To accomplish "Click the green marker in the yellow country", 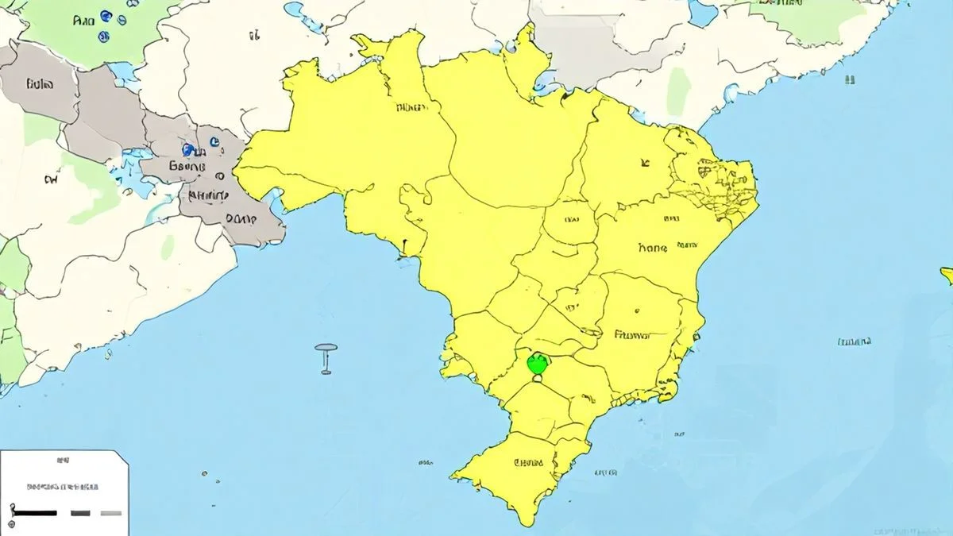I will [538, 364].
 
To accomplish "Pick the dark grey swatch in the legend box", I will [80, 513].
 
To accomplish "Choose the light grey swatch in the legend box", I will [110, 513].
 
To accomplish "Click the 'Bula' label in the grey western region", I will [40, 83].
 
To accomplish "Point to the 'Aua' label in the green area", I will [83, 21].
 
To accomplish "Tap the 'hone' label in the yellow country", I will [653, 247].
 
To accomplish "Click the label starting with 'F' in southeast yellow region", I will [632, 335].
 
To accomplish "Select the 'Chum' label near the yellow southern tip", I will [528, 462].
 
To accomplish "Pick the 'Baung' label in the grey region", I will [187, 167].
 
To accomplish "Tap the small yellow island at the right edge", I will [947, 275].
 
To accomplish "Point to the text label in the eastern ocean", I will [854, 342].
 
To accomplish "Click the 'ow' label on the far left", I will [50, 180].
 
